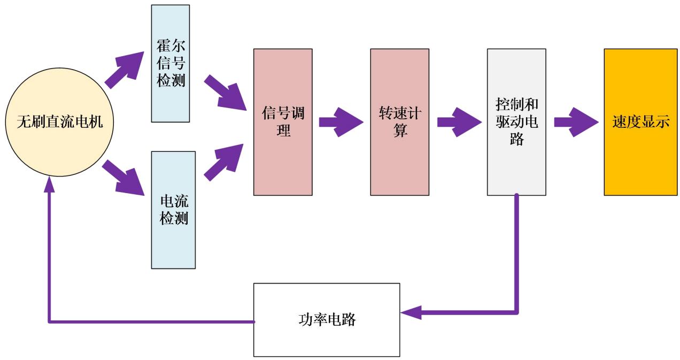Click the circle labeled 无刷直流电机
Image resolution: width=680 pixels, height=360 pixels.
pyautogui.click(x=59, y=122)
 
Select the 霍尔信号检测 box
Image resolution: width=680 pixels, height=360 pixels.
pyautogui.click(x=171, y=63)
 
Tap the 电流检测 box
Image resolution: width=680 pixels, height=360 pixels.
pyautogui.click(x=174, y=209)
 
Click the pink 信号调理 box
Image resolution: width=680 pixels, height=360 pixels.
pyautogui.click(x=283, y=122)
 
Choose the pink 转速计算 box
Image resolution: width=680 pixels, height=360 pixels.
pyautogui.click(x=399, y=122)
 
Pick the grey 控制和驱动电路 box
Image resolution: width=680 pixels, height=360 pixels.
pyautogui.click(x=516, y=122)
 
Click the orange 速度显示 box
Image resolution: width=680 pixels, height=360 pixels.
pyautogui.click(x=640, y=122)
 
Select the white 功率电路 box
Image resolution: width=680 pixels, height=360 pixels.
pyautogui.click(x=327, y=320)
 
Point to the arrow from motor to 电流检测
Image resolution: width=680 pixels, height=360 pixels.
pyautogui.click(x=123, y=177)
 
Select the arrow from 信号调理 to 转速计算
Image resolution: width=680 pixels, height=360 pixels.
pyautogui.click(x=341, y=122)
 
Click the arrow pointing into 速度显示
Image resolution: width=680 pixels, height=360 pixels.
pyautogui.click(x=575, y=122)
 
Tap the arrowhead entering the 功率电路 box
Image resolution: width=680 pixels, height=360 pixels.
pyautogui.click(x=411, y=312)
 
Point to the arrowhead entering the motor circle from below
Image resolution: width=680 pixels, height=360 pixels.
pyautogui.click(x=49, y=185)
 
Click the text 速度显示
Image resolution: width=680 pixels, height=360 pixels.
pyautogui.click(x=640, y=122)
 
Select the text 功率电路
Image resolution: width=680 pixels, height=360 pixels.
pyautogui.click(x=327, y=320)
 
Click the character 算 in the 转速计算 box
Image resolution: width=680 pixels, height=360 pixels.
pyautogui.click(x=400, y=130)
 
